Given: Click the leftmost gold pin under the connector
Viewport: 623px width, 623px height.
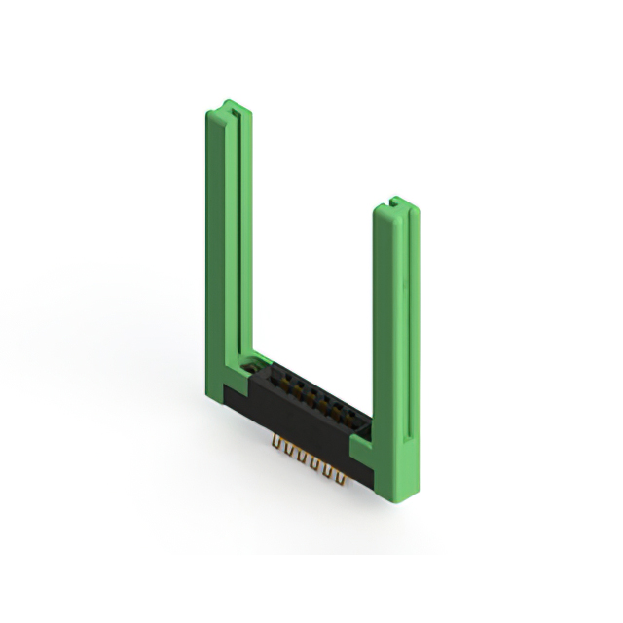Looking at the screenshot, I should pyautogui.click(x=276, y=446).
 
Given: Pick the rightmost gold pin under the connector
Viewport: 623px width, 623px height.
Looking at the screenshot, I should pyautogui.click(x=343, y=476).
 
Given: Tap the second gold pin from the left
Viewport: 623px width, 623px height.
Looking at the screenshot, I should pyautogui.click(x=289, y=452).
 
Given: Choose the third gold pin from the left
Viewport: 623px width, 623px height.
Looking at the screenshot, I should pyautogui.click(x=303, y=458).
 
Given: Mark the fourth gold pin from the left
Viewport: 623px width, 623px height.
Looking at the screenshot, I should pyautogui.click(x=316, y=464).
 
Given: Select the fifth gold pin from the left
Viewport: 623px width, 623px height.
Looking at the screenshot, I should pyautogui.click(x=330, y=470).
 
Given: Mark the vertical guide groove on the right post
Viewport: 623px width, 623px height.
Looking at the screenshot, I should pyautogui.click(x=403, y=331).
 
